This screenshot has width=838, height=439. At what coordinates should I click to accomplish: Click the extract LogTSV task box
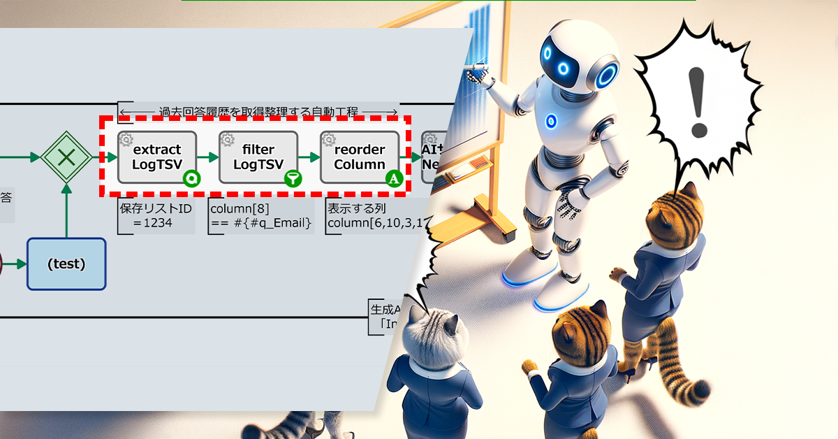157,157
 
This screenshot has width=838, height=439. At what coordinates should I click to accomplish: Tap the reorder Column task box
360,157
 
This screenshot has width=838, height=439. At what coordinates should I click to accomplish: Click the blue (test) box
66,264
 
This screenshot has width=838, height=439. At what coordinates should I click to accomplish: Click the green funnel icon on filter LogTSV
294,179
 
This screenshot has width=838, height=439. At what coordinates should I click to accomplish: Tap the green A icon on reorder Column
395,179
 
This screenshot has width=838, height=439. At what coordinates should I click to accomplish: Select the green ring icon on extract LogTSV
193,179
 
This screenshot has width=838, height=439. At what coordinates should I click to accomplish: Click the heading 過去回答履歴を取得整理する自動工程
258,112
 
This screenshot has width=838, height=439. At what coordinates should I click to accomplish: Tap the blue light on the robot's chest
551,121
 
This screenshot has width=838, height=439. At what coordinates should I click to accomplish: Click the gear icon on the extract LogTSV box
126,140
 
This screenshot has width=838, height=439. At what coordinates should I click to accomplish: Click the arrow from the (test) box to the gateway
66,210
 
